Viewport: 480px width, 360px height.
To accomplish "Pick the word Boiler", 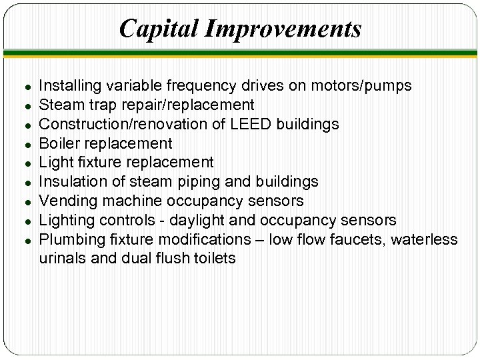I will pos(58,143).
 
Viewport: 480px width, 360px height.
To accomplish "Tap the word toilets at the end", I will pos(213,258).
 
